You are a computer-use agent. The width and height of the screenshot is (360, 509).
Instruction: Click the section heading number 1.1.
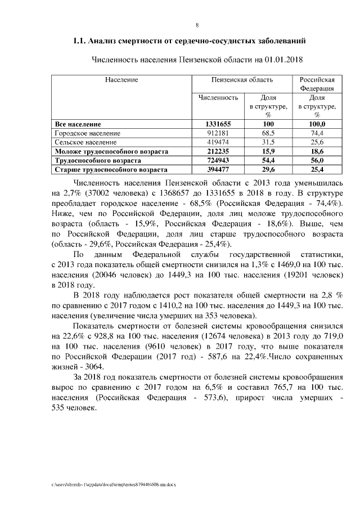[x=80, y=41]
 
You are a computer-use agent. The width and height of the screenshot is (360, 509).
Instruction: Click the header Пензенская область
[x=242, y=80]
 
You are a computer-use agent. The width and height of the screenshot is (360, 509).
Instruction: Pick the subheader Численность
[x=219, y=97]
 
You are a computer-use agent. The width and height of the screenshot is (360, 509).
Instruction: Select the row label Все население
[x=78, y=124]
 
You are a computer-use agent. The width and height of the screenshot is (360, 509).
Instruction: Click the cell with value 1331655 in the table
[x=219, y=124]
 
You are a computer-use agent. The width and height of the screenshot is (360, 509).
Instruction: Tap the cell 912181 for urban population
[x=219, y=133]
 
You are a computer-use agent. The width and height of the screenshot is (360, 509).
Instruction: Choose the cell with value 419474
[x=219, y=142]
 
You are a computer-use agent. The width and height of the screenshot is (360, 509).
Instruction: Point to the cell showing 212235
[x=219, y=151]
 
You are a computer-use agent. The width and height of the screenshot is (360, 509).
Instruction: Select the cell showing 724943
[x=219, y=160]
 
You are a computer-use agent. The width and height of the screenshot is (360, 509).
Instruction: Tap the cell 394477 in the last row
[x=219, y=169]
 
